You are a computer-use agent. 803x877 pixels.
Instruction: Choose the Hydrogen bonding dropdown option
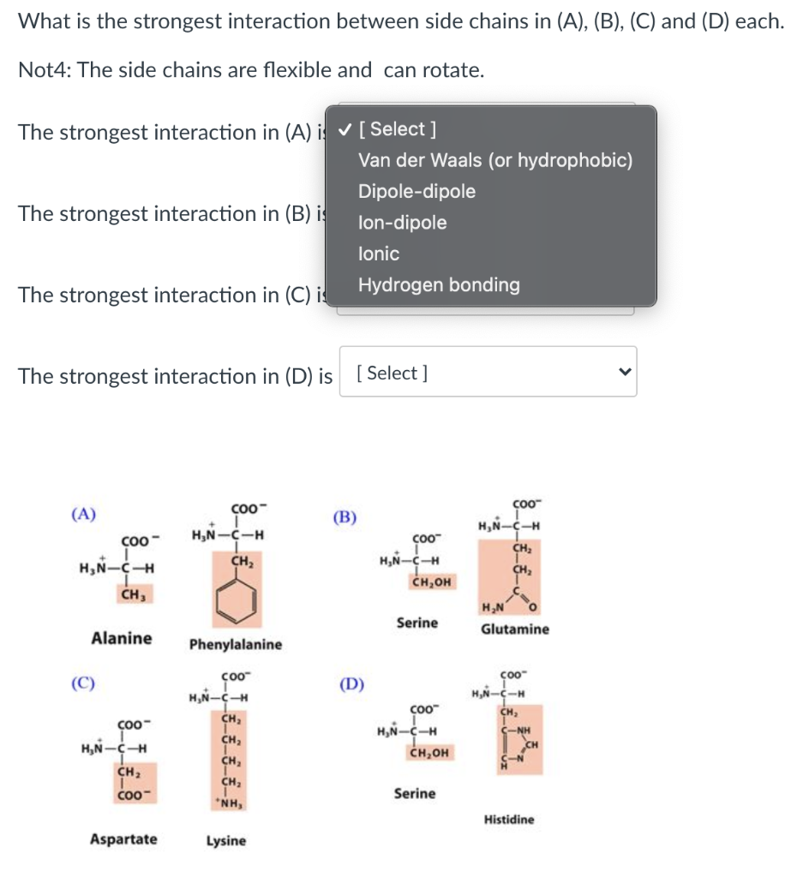[x=439, y=285]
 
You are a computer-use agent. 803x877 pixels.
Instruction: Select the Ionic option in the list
[x=379, y=254]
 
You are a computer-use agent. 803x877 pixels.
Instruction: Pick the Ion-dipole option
[x=402, y=223]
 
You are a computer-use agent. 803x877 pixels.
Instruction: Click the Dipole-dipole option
[x=416, y=191]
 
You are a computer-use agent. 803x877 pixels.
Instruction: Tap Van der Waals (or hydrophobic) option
[x=495, y=160]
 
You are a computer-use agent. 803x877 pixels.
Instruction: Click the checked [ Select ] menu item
[x=397, y=129]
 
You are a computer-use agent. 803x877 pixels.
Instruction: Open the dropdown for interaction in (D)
[x=488, y=373]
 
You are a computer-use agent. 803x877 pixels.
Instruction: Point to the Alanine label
[x=122, y=638]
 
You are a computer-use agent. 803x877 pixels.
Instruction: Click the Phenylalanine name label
[x=235, y=644]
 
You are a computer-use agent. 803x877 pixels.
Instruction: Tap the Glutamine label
[x=515, y=629]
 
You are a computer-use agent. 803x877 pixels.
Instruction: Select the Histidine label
[x=508, y=820]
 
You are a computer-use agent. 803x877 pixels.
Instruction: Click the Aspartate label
[x=123, y=839]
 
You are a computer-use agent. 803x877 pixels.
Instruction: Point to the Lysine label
[x=226, y=841]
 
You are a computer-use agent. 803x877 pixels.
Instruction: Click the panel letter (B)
[x=345, y=517]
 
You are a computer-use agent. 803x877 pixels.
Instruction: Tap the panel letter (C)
[x=83, y=683]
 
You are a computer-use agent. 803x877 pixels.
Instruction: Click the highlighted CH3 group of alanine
[x=132, y=594]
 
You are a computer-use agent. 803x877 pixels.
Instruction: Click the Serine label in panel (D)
[x=415, y=794]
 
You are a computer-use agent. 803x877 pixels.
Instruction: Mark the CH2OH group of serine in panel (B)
[x=431, y=583]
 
